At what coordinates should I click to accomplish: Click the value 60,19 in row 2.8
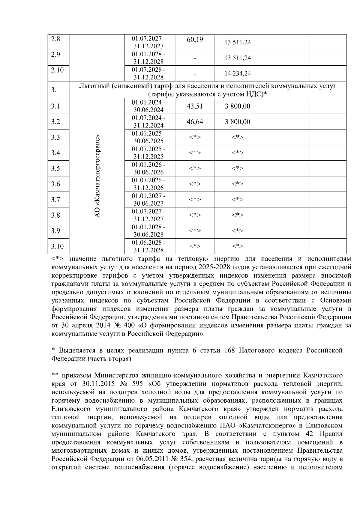[195, 40]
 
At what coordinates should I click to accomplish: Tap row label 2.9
[55, 55]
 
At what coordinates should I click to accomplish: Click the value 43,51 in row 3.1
[195, 106]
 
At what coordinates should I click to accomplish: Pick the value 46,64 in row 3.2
[195, 122]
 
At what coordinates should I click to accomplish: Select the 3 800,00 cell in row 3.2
[238, 122]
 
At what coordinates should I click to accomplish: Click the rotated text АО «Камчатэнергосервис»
[97, 176]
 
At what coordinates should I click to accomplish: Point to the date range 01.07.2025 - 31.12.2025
[148, 153]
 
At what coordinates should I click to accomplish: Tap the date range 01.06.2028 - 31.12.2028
[148, 246]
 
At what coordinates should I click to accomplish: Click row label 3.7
[55, 200]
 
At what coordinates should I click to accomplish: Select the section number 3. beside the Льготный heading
[54, 90]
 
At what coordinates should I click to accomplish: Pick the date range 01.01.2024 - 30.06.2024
[148, 106]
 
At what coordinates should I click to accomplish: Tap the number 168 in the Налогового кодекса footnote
[229, 350]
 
